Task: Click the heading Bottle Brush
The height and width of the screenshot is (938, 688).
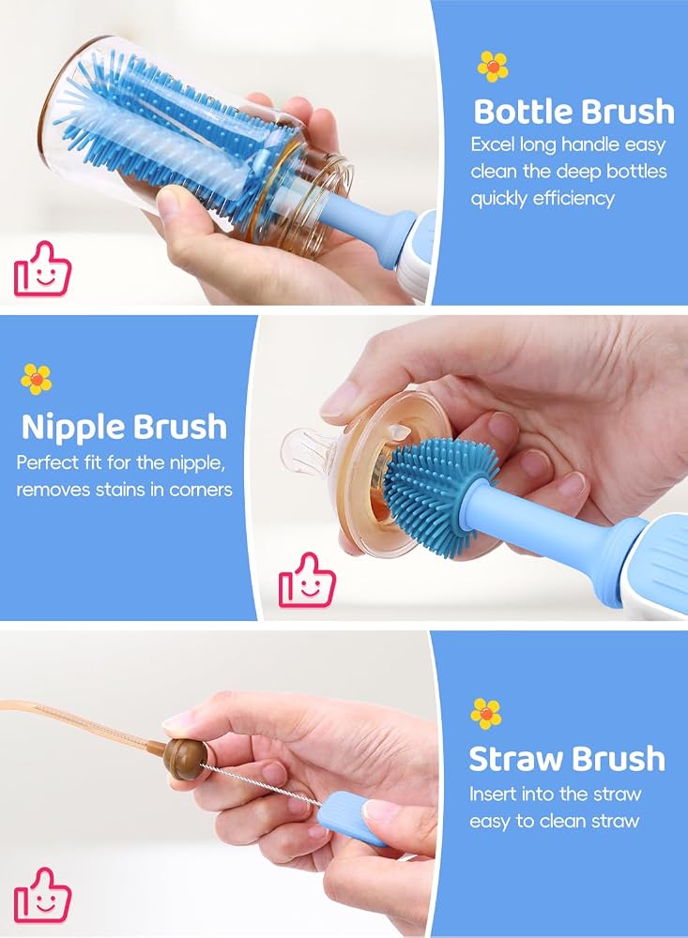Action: [x=573, y=112]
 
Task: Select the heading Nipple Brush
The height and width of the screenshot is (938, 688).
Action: [x=125, y=427]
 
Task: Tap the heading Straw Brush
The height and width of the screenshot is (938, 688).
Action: [x=567, y=759]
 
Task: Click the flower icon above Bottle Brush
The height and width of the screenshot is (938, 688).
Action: [x=493, y=67]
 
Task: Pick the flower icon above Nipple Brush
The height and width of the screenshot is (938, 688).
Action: [x=37, y=379]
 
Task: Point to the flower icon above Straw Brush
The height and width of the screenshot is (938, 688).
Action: [x=485, y=714]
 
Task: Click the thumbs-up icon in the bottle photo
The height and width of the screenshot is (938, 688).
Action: [x=42, y=269]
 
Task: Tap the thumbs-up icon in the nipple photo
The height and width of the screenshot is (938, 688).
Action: [x=307, y=581]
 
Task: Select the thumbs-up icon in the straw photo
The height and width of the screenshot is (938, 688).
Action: [x=42, y=896]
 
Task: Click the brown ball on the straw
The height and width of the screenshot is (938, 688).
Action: [x=182, y=759]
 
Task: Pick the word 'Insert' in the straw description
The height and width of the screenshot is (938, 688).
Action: [x=493, y=794]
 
